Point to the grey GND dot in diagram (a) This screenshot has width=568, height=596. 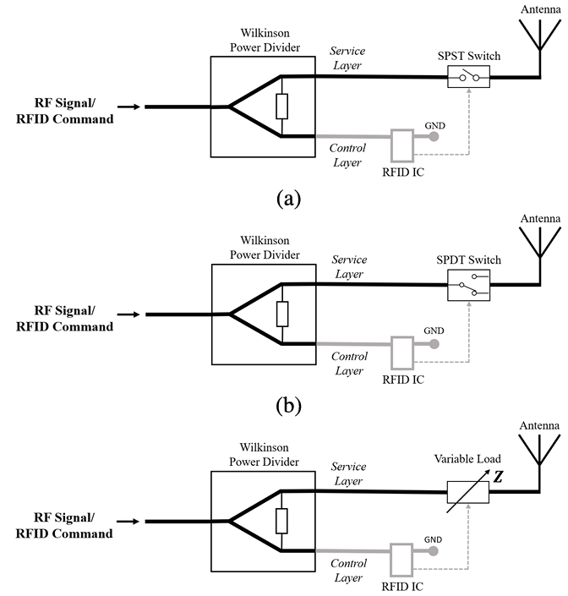click(x=434, y=136)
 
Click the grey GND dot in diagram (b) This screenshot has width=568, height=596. click(x=434, y=344)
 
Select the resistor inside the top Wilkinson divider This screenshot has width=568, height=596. click(x=282, y=107)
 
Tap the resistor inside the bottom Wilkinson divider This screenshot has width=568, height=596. click(x=281, y=521)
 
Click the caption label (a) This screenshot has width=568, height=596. click(x=289, y=199)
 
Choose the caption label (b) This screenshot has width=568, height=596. click(x=289, y=406)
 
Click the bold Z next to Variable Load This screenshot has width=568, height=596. click(x=498, y=477)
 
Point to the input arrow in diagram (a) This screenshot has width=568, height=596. click(x=128, y=107)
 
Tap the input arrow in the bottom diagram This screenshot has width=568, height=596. click(x=128, y=522)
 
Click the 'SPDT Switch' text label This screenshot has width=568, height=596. click(x=468, y=260)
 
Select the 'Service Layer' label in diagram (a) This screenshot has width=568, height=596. click(x=347, y=58)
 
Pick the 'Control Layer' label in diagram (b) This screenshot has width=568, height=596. click(x=349, y=364)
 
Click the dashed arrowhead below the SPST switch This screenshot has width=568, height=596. click(x=469, y=90)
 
